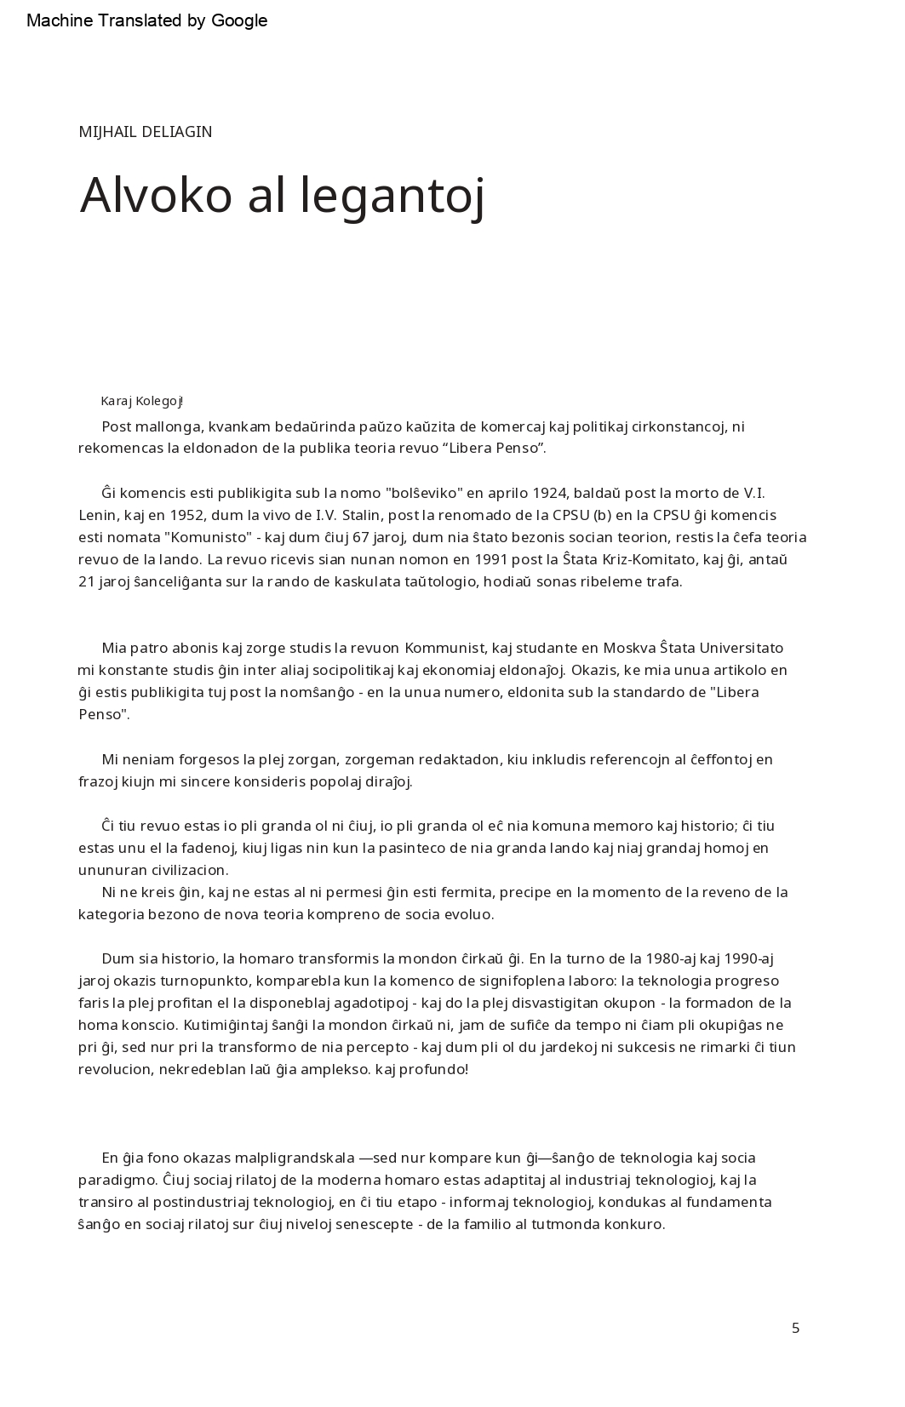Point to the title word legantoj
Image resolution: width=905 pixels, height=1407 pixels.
pyautogui.click(x=392, y=197)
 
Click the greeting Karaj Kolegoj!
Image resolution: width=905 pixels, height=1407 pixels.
pyautogui.click(x=142, y=401)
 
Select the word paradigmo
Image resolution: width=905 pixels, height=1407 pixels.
pyautogui.click(x=117, y=1180)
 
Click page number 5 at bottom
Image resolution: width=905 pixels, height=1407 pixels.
pyautogui.click(x=795, y=1328)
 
